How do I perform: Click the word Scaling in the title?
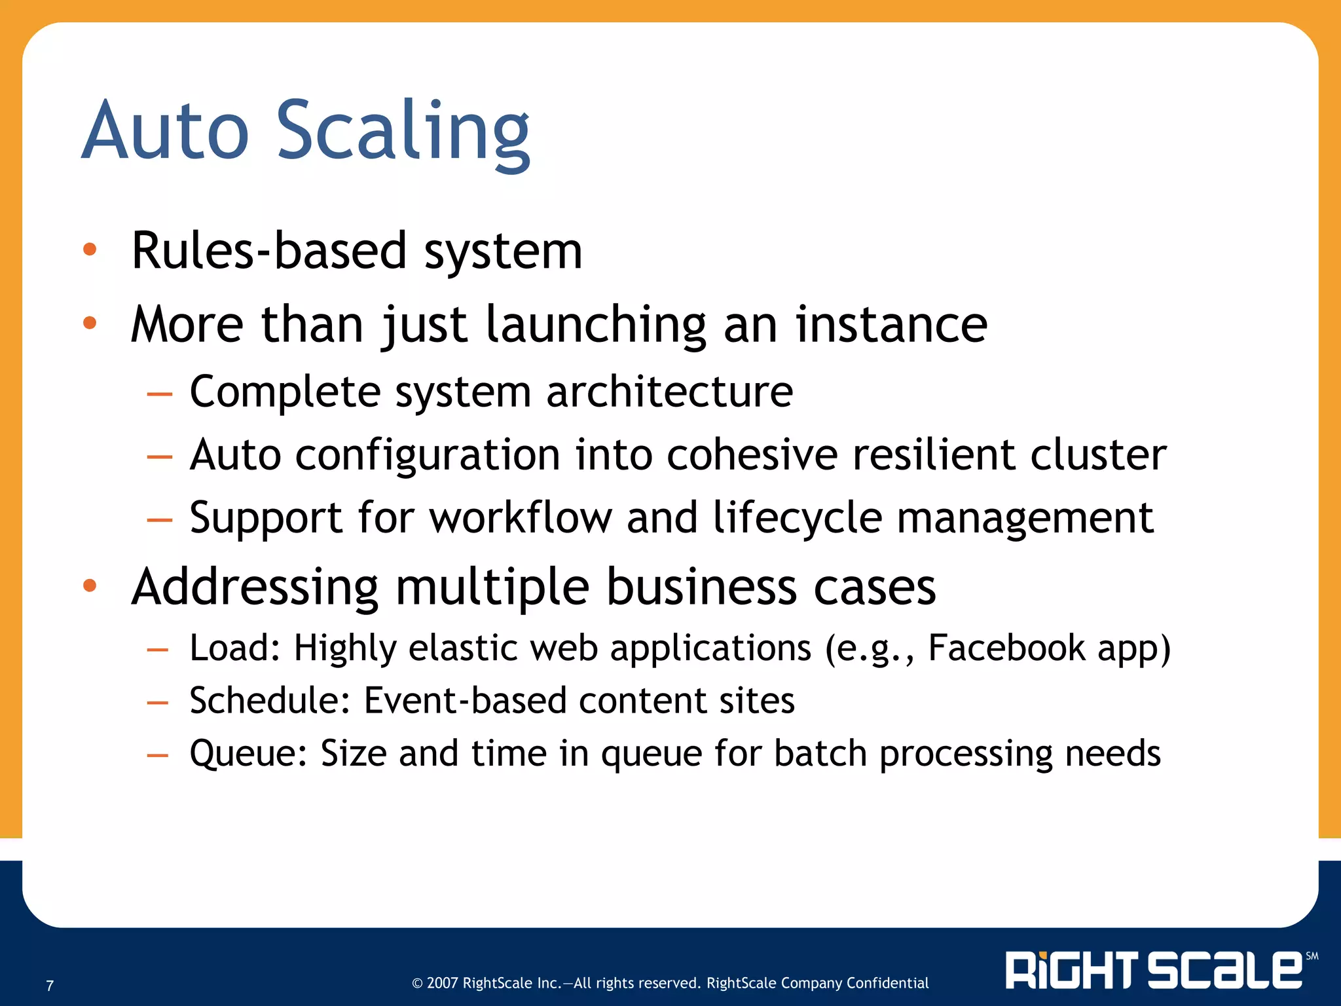coord(402,131)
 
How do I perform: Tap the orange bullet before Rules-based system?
coord(90,250)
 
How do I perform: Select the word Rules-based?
coord(268,251)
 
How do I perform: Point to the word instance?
coord(891,325)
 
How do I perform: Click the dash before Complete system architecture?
coord(159,394)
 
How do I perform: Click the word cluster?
coord(1098,455)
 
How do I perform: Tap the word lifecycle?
coord(797,518)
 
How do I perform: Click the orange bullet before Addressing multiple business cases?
coord(90,586)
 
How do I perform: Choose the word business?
coord(701,587)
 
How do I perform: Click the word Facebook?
coord(1006,648)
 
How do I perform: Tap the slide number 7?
coord(50,986)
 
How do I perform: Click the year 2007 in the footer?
coord(443,983)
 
